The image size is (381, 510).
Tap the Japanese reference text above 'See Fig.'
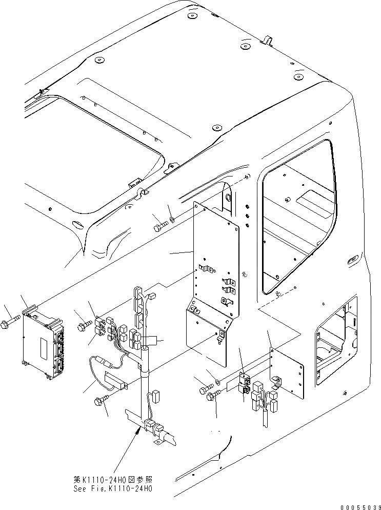(x=113, y=479)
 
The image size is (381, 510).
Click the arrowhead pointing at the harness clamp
(x=137, y=432)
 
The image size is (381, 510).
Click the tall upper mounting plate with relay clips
(x=215, y=262)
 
